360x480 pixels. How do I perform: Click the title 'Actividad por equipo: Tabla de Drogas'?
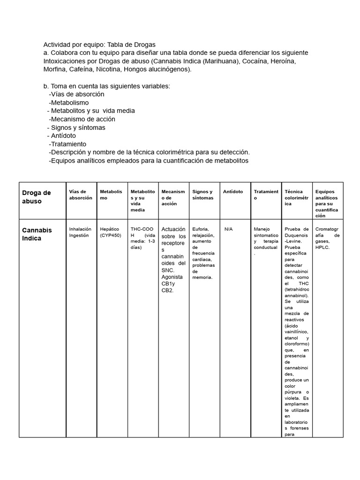point(99,44)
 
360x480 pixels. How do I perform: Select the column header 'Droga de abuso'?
point(37,197)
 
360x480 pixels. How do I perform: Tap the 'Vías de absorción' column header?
point(77,195)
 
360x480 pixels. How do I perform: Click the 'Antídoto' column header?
point(233,192)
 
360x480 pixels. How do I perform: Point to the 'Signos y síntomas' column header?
point(202,195)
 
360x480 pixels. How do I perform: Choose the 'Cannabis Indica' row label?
point(37,234)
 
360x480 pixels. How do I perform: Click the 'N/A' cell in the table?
point(228,229)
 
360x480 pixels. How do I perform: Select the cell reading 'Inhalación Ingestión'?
point(80,232)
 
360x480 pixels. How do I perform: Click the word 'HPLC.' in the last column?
point(322,247)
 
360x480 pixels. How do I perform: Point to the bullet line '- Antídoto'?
point(61,136)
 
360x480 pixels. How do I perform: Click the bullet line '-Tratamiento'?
point(67,144)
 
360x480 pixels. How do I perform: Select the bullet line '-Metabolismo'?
point(68,102)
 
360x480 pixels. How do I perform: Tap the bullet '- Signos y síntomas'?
point(76,127)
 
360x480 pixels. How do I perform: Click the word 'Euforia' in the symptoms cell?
point(200,229)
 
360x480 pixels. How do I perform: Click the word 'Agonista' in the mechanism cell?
point(172,277)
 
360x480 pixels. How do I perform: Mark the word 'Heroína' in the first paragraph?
point(283,61)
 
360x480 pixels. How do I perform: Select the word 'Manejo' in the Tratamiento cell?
point(262,229)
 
